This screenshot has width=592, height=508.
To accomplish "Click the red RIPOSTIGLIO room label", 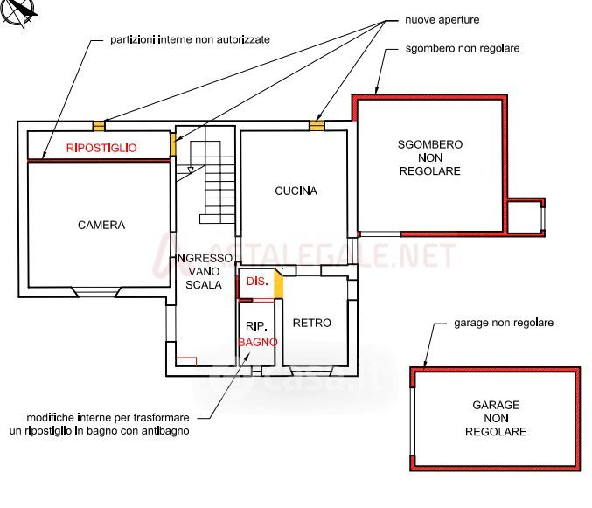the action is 101,148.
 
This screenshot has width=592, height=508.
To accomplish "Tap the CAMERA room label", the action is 101,225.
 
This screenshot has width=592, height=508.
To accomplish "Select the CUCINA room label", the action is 296,191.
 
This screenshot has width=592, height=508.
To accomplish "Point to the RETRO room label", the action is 312,323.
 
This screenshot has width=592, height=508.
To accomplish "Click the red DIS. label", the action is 256,282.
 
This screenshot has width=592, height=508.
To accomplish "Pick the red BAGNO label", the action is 258,342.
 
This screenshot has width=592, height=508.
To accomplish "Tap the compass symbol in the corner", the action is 20,12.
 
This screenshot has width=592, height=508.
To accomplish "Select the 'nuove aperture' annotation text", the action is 442,19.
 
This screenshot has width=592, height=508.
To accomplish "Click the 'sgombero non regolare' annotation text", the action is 463,48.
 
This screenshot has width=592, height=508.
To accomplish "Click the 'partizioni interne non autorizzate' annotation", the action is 190,39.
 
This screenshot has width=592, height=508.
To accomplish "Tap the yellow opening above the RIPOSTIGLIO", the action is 99,125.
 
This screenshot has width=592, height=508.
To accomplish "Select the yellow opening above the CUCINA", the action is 317,125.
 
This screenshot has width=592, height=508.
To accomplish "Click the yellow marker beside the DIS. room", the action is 279,284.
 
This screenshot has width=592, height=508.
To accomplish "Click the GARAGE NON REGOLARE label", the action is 495,418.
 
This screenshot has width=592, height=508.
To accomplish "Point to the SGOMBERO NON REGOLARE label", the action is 429,157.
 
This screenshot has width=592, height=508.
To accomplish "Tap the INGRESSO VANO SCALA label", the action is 205,271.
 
